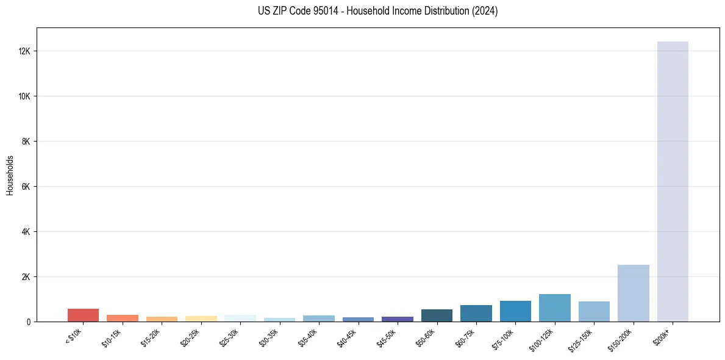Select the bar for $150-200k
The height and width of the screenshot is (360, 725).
[634, 293]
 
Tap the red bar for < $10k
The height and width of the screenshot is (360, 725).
[83, 315]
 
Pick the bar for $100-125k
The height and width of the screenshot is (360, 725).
[555, 308]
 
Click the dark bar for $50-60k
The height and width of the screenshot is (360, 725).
[437, 315]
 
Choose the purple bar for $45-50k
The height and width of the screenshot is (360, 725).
[398, 319]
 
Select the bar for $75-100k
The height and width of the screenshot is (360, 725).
[515, 311]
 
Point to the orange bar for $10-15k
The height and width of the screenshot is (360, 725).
[123, 318]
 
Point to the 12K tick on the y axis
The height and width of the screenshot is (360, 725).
[25, 51]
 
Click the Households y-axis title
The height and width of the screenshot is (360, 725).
[10, 175]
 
